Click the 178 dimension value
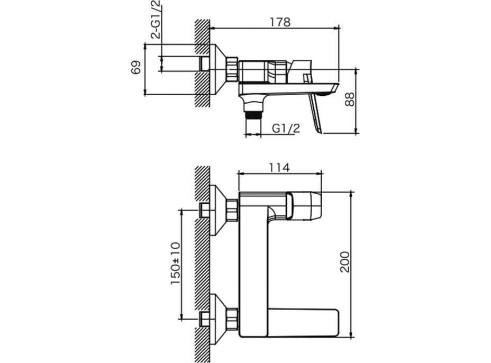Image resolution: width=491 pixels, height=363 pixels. [280, 22]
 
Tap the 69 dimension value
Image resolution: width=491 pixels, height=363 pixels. [135, 67]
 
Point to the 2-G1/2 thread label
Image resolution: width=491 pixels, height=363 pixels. [156, 20]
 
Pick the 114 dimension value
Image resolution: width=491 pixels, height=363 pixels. [279, 168]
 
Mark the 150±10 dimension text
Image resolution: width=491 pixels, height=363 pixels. [176, 264]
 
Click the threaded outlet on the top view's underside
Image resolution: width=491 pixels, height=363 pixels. [253, 115]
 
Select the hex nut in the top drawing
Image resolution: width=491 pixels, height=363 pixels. [232, 69]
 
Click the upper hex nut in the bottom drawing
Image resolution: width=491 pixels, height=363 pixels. [232, 210]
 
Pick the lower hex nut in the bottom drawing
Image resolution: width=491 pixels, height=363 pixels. [232, 320]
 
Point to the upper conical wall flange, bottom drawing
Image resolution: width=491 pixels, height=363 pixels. [219, 210]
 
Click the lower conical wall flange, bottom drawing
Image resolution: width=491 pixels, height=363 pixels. [219, 320]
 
